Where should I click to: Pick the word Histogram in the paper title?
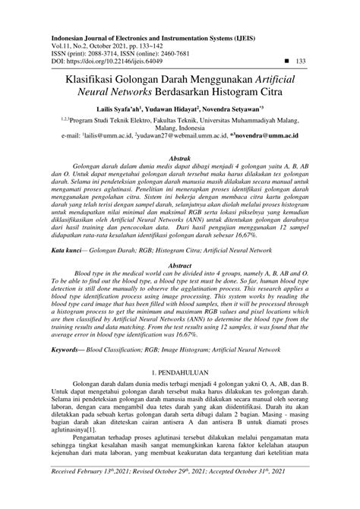[231, 95]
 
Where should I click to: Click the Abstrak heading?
[179, 153]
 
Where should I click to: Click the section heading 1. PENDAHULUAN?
[180, 375]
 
